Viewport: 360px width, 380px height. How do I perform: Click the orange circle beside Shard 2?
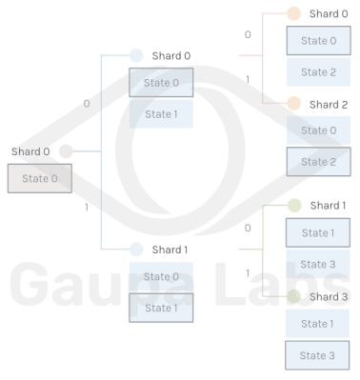point(293,104)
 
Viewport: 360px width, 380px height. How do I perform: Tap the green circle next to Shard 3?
point(294,296)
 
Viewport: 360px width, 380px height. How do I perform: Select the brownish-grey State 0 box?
point(40,178)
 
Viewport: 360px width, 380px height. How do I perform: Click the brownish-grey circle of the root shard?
point(66,151)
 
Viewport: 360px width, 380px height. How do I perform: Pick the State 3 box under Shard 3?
point(317,355)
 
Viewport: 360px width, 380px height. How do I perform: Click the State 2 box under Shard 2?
point(319,162)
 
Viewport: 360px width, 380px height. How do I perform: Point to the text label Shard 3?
point(329,297)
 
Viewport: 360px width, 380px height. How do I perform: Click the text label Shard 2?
point(329,105)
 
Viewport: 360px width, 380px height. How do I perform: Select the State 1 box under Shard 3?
point(317,324)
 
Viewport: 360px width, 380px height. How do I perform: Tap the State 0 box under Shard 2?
point(319,130)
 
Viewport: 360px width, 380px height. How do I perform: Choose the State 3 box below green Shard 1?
point(318,264)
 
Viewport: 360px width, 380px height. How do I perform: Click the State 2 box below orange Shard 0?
point(319,72)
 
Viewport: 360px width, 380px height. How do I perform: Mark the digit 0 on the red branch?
point(248,34)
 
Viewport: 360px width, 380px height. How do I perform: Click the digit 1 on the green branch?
point(248,273)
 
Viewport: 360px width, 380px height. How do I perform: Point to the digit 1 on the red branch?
point(248,79)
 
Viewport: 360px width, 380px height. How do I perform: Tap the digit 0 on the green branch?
point(248,228)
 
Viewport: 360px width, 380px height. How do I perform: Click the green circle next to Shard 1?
point(294,205)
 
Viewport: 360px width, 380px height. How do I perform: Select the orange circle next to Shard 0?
point(293,13)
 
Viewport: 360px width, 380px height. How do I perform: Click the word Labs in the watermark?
point(283,284)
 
